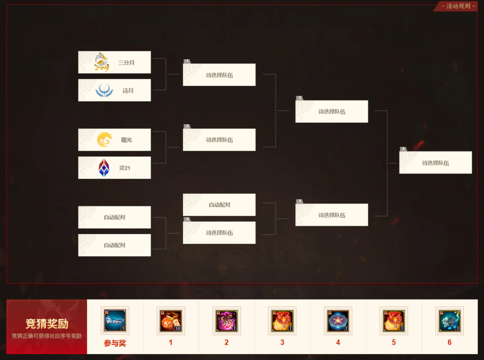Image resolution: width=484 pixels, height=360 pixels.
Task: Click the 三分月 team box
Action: pos(114,62)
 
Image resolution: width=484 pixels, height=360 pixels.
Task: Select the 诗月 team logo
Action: pos(104,91)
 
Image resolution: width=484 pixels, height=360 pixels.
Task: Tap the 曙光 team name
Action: pos(126,140)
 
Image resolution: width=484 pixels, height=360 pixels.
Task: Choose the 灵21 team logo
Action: pos(104,168)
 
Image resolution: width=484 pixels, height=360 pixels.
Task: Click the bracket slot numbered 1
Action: pos(219,75)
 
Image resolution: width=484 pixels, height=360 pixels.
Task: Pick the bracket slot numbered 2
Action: pos(219,140)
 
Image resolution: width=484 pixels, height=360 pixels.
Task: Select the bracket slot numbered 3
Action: pos(332,112)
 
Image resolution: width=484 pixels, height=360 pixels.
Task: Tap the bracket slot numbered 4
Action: pos(219,233)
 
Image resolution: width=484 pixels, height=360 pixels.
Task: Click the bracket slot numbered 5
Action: pos(332,215)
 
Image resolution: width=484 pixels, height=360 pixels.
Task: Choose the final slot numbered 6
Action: pos(435,163)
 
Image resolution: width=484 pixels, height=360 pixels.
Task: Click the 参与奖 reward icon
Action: pos(115,321)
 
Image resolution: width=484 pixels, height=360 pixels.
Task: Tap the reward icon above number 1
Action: pos(171,321)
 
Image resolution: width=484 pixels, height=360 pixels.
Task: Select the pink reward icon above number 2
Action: pos(226,321)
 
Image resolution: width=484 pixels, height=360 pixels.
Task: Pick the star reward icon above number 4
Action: pos(338,321)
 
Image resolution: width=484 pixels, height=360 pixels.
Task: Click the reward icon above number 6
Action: pos(449,321)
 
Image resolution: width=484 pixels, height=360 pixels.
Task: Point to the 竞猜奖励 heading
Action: pos(47,324)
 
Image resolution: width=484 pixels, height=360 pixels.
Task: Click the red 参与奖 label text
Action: pos(115,343)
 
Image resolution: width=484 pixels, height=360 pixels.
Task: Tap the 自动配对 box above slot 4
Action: pos(219,205)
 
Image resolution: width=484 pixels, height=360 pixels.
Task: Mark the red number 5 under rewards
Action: pos(393,343)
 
